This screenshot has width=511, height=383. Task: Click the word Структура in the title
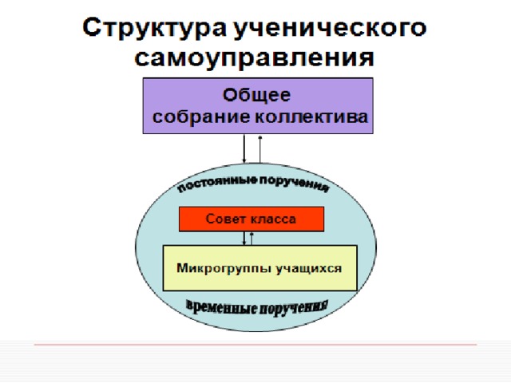click(x=154, y=29)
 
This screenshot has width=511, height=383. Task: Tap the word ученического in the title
click(x=330, y=29)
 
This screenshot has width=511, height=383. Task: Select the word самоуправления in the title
click(x=254, y=58)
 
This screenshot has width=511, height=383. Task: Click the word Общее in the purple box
click(x=256, y=95)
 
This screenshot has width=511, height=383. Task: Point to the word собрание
click(x=201, y=116)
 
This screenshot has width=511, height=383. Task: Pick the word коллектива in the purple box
click(x=311, y=116)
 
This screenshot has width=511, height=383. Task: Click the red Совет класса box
click(x=252, y=219)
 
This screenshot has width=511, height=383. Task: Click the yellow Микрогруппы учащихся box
click(x=259, y=268)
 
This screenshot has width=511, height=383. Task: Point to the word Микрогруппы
click(x=224, y=268)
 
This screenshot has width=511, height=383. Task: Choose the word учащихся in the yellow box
click(x=309, y=268)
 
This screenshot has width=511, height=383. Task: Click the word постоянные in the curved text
click(x=217, y=184)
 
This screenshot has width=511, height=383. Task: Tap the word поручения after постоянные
click(x=294, y=184)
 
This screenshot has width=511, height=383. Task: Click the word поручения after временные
click(x=293, y=307)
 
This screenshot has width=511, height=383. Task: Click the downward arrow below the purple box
click(x=244, y=148)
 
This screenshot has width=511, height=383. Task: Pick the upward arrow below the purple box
click(x=260, y=149)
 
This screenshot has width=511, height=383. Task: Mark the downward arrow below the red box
click(x=244, y=239)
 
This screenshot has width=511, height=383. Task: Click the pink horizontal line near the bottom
click(x=255, y=344)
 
